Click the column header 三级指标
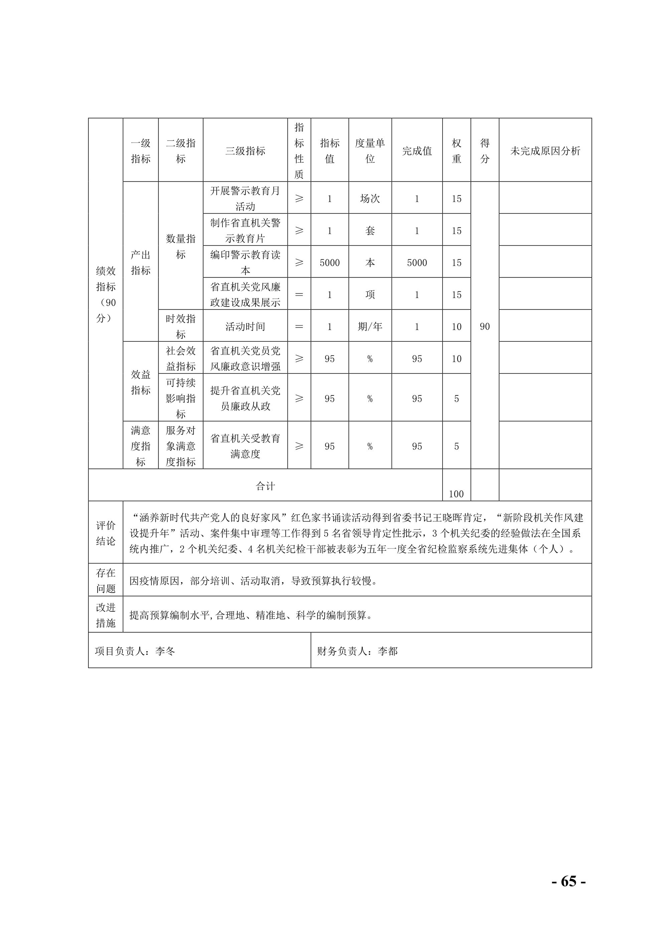[245, 151]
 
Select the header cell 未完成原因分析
[545, 151]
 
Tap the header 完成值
[416, 151]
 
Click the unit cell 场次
[370, 198]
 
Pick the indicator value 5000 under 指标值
[329, 263]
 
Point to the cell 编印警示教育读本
[245, 262]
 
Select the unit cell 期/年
[370, 326]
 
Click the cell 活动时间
[245, 326]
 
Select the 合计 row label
[265, 486]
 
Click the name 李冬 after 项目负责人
[165, 651]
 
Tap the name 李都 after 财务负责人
[388, 651]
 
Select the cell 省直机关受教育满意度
[245, 446]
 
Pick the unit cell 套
[370, 230]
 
